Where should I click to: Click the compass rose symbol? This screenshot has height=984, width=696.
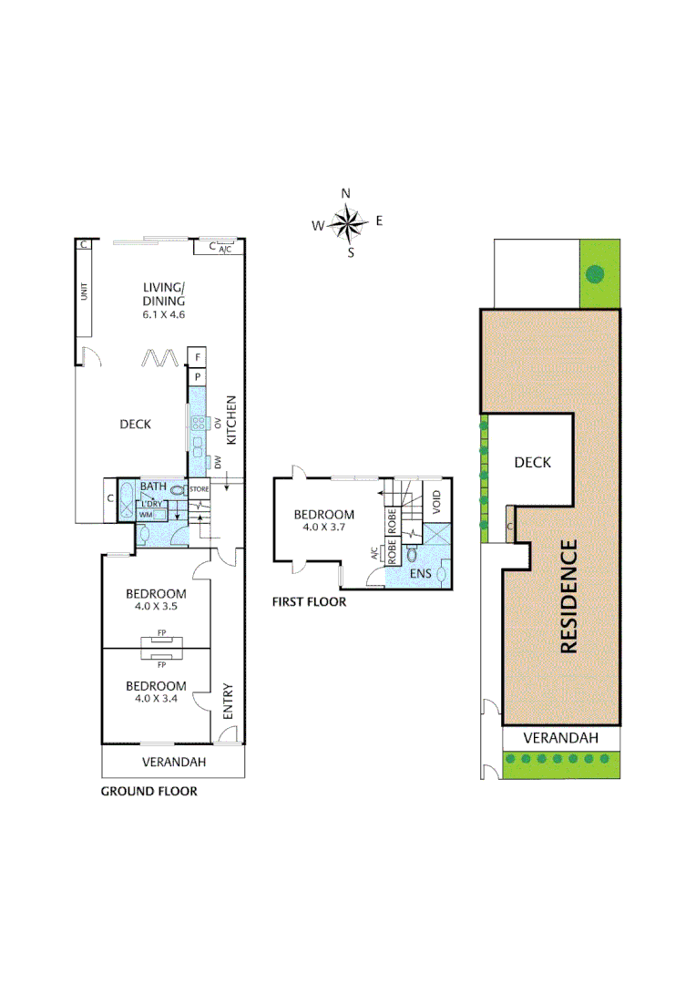click(x=347, y=221)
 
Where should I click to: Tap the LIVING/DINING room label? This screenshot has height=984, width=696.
click(x=164, y=293)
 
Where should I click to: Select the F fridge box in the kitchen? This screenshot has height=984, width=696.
click(x=198, y=356)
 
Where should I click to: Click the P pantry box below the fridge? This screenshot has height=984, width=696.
click(x=198, y=375)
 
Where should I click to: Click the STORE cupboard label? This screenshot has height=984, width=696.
click(x=199, y=489)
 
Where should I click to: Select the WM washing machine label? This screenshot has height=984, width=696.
click(x=146, y=515)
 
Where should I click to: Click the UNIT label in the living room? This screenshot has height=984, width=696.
click(x=85, y=292)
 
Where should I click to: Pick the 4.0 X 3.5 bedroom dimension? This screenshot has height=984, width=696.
click(x=155, y=607)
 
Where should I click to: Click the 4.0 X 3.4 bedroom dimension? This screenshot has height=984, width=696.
click(x=155, y=699)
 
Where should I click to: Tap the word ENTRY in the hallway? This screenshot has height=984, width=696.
click(x=228, y=702)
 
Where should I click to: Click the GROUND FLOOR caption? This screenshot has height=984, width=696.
click(x=148, y=792)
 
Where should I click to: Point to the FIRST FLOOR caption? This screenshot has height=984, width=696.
click(x=310, y=601)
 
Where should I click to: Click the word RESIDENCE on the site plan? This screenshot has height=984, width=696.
click(x=568, y=597)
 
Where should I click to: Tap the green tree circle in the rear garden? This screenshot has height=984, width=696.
click(x=595, y=272)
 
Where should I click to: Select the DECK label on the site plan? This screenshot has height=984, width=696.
click(x=532, y=463)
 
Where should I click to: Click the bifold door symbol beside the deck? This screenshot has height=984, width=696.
click(x=159, y=356)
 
